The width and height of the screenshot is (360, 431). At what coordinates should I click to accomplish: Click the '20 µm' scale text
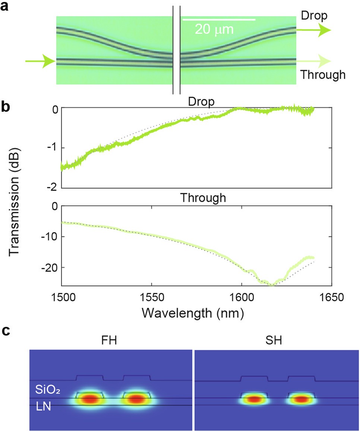pos(214,29)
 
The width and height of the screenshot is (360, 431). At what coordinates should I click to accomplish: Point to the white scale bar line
pos(219,19)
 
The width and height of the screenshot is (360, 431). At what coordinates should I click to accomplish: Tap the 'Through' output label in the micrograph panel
pos(323,75)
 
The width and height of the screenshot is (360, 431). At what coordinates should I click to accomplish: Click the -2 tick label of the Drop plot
pos(54,187)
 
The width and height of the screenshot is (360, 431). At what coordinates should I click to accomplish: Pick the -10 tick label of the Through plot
pos(50,237)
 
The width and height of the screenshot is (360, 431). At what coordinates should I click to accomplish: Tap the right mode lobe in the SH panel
pos(301,399)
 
